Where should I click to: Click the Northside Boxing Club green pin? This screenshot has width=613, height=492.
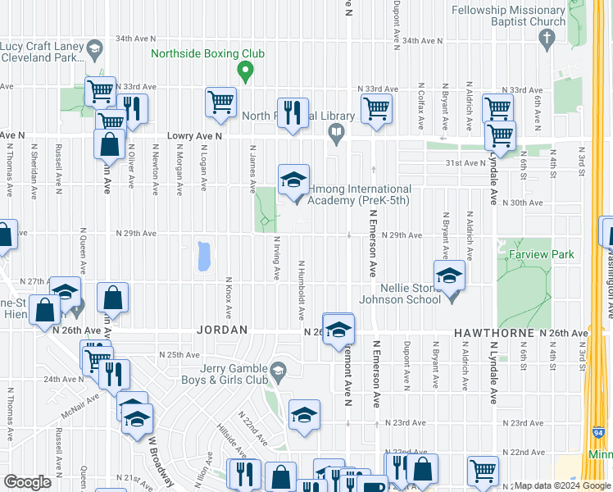(244, 72)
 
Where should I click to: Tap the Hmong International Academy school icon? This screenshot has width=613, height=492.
(293, 179)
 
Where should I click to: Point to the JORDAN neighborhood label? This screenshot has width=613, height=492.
(222, 330)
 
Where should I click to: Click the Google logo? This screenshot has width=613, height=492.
(27, 481)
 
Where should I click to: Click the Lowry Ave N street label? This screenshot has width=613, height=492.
(194, 137)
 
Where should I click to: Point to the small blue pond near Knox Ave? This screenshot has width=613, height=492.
(202, 257)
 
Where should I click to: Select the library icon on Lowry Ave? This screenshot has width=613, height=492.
(335, 132)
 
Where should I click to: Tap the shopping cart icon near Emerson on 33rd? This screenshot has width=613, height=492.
(376, 107)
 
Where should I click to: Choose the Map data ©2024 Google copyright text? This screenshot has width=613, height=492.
(562, 485)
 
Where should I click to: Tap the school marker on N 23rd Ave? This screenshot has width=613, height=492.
(304, 417)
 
